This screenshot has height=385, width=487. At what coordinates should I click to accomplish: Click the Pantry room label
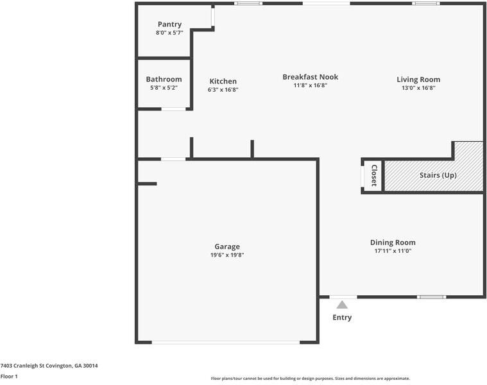coord(169,24)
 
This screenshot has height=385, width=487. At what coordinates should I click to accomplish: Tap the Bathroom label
coord(164,80)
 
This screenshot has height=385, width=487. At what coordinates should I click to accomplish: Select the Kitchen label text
coord(223,81)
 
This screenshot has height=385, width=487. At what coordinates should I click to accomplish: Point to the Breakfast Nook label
coord(310,77)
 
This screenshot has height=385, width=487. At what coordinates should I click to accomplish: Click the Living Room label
coord(418,80)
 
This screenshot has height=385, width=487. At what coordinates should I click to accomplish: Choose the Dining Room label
coord(393,243)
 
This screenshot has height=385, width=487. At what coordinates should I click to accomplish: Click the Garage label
coord(227,246)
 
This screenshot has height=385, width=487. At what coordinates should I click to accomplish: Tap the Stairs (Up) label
coord(438,175)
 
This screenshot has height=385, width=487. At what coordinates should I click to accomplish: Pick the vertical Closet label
coord(373,175)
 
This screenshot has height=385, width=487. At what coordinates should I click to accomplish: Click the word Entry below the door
coord(342,318)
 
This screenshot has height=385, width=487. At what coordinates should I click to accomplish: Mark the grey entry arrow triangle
coord(342,305)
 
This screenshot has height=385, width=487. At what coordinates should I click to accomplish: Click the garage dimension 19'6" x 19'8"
coord(227,255)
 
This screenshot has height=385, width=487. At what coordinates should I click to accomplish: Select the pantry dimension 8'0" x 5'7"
coord(169,33)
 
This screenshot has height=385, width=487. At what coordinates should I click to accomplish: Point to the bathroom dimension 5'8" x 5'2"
coord(164,88)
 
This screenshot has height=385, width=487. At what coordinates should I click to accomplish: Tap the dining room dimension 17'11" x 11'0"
coord(393,251)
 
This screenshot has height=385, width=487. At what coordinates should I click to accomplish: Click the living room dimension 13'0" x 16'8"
coord(418,88)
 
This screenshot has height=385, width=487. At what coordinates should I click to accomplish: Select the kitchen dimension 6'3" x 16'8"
coord(223,90)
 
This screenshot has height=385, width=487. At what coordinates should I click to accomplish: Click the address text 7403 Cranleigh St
coord(49,366)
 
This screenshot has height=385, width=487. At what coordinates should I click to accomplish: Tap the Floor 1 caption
coord(9,377)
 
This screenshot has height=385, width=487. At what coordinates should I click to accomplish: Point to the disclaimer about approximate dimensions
coord(310,379)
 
